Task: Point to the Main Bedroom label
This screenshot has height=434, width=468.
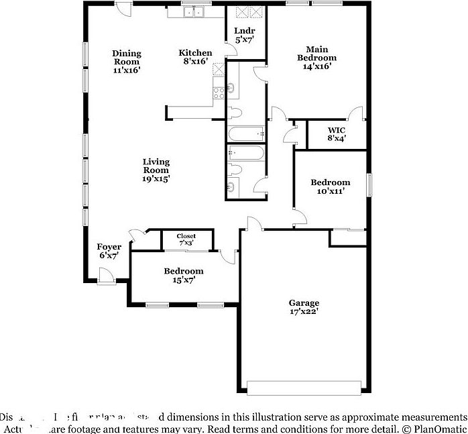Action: [316, 58]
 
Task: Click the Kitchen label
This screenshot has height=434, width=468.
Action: [195, 53]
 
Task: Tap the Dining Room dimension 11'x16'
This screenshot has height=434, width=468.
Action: [126, 69]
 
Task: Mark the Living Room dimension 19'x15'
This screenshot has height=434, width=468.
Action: [156, 178]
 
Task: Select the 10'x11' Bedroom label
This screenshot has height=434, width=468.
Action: [330, 186]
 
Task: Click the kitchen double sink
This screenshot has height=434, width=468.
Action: [195, 12]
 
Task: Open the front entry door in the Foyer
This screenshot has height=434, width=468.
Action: [105, 275]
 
